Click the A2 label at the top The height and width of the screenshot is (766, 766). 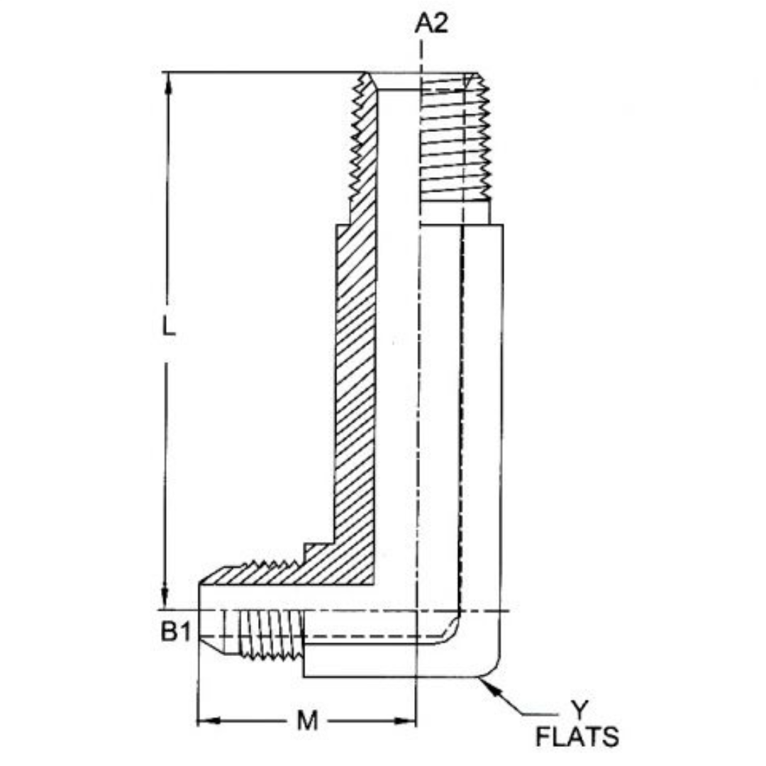coord(431,23)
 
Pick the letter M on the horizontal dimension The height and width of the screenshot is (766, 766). coord(306,721)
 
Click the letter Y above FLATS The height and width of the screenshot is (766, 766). coord(580,709)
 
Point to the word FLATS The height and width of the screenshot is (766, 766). coord(577,738)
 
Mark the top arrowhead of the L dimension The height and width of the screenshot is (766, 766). coord(168,82)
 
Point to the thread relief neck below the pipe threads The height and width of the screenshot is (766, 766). coord(454,211)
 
